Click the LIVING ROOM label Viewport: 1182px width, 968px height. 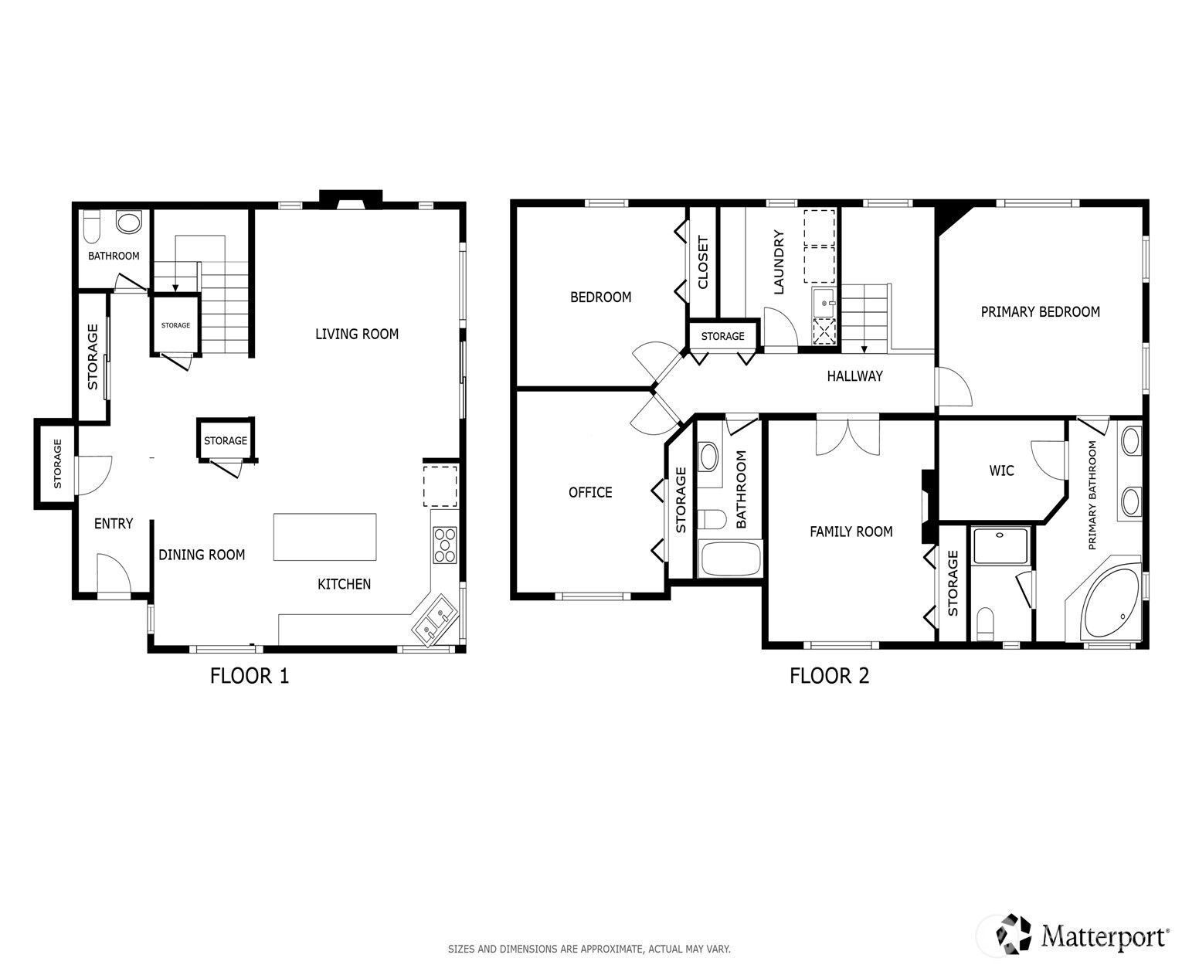coord(357,334)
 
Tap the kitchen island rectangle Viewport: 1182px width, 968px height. coord(324,537)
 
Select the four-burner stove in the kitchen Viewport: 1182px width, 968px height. coord(444,545)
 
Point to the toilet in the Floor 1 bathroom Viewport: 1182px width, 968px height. coord(91,225)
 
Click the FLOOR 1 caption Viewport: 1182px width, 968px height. coord(250,676)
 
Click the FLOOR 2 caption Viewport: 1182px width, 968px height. coord(829,676)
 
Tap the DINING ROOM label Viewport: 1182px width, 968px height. coord(202,555)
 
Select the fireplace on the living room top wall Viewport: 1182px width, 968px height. coord(352,199)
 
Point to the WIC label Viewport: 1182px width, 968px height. coord(1001,470)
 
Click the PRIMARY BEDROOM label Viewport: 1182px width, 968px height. coord(1040,312)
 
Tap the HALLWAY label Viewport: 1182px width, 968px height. coord(854,376)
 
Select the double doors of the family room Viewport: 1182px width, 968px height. coord(847,436)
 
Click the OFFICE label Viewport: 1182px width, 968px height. coord(590,492)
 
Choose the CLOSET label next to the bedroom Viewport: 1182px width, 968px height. coord(703,263)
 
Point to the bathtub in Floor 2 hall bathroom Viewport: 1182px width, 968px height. coord(729,559)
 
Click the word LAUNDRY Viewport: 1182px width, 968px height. coord(779,263)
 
